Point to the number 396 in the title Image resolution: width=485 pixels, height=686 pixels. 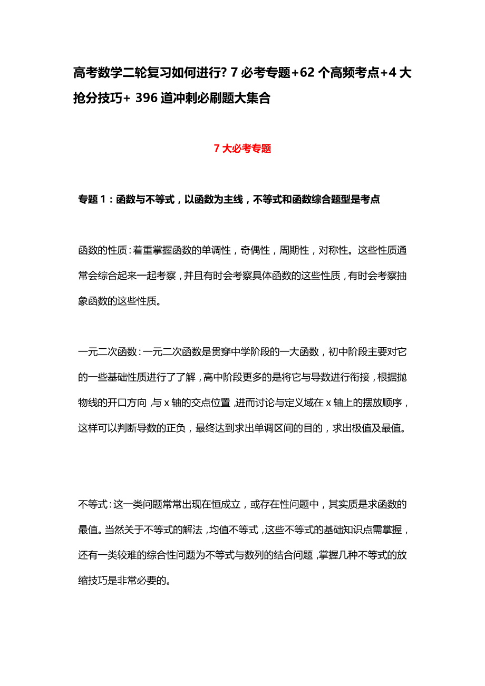pos(147,98)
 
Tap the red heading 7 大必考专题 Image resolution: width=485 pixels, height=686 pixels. pos(242,149)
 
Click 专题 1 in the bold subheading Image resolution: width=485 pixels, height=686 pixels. pos(92,200)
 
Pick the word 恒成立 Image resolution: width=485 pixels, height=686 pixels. pos(226,505)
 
